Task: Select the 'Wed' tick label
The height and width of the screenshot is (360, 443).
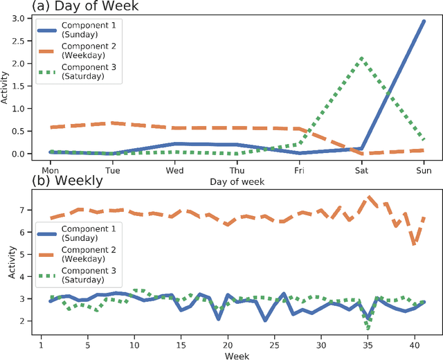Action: coord(174,169)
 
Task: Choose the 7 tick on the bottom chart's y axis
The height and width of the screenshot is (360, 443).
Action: coord(28,210)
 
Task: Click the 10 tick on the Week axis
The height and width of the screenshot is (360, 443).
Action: coord(134,343)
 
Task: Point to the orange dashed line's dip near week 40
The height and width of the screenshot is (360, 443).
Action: coord(414,244)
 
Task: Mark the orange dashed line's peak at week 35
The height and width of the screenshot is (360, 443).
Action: coord(368,197)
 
